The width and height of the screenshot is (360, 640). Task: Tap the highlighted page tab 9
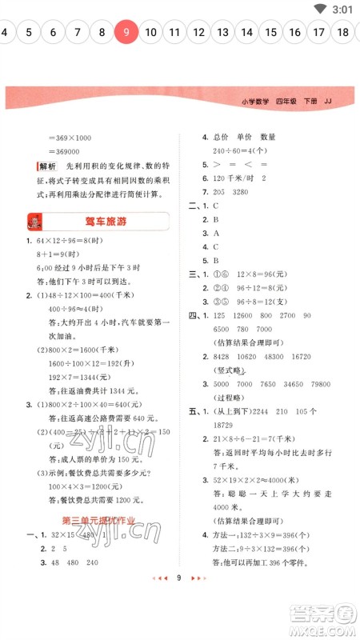point(126,33)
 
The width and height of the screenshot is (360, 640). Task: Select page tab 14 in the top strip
point(246,33)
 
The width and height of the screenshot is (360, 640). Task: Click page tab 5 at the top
point(29,33)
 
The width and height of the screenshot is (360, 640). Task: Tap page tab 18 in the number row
point(343,33)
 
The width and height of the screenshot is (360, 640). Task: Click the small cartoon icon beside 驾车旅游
point(35,222)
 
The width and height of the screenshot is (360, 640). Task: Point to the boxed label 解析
point(46,166)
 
